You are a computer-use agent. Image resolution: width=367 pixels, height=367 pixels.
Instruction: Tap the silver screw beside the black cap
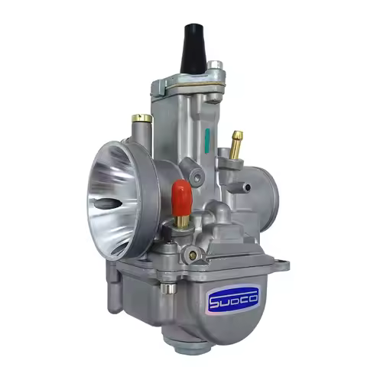(x=216, y=67)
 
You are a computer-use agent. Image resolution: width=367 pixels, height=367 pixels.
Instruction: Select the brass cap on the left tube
(x=140, y=119)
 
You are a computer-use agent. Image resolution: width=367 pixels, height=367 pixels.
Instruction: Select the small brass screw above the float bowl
(x=193, y=253)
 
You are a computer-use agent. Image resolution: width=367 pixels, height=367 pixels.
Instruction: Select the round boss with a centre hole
(x=198, y=179)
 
